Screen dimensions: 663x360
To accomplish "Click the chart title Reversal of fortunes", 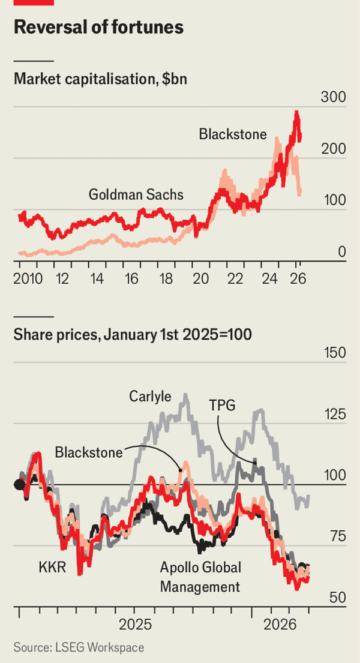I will pos(98,28).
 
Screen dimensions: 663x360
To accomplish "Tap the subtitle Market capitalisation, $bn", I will pos(100,79).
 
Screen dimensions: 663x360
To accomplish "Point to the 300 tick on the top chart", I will pos(333,99).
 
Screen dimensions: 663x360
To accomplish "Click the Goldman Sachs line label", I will pos(136,194).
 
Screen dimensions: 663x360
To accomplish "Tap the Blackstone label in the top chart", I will pos(233,134).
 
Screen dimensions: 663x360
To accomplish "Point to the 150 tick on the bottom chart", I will pos(333,353).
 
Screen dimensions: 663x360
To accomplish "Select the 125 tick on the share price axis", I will pos(333,414).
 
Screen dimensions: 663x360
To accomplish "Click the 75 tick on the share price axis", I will pos(336,536).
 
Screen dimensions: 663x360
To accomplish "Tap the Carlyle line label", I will pos(150,397).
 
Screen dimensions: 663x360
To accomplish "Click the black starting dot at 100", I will pos(19,485).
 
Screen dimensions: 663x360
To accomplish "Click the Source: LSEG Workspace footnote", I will pos(79,647).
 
